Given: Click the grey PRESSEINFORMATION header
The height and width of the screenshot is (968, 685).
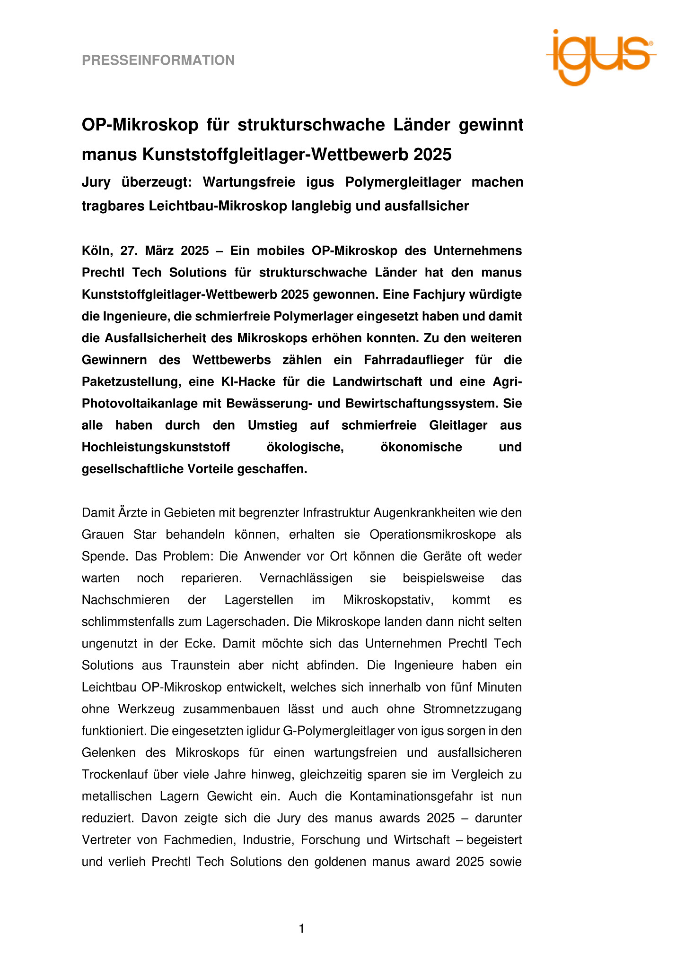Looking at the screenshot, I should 158,60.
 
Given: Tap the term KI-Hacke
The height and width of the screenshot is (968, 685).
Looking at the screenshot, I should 248,382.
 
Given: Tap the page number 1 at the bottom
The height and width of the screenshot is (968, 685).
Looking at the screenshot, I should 302,929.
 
